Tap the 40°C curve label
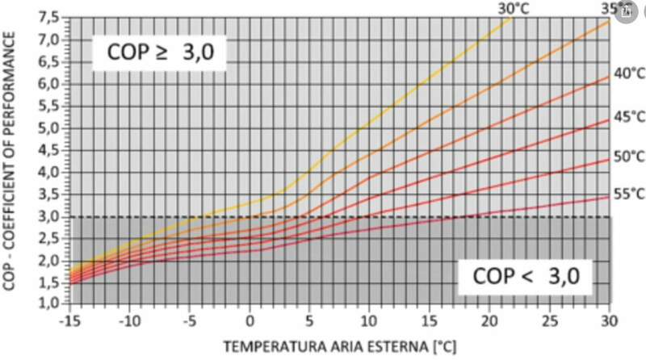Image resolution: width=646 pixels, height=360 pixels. [627, 73]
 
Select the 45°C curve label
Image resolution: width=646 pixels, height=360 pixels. [627, 116]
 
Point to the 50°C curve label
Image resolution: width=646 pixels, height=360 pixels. [627, 157]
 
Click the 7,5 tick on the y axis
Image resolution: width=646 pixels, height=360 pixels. [49, 17]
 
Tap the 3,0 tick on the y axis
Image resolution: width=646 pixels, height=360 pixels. [49, 216]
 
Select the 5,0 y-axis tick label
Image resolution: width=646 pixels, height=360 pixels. [49, 128]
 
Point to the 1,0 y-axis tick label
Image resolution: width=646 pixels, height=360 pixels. [49, 304]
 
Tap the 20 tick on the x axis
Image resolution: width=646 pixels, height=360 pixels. [489, 321]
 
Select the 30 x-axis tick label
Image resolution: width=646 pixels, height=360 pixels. [608, 321]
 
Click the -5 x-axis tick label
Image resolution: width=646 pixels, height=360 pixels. [190, 321]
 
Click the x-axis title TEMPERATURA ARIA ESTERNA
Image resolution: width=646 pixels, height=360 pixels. [339, 347]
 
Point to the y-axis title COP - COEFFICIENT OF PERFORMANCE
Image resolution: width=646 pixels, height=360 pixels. [14, 161]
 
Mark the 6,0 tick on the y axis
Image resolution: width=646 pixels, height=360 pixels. [49, 83]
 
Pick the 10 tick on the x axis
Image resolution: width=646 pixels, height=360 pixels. [369, 321]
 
